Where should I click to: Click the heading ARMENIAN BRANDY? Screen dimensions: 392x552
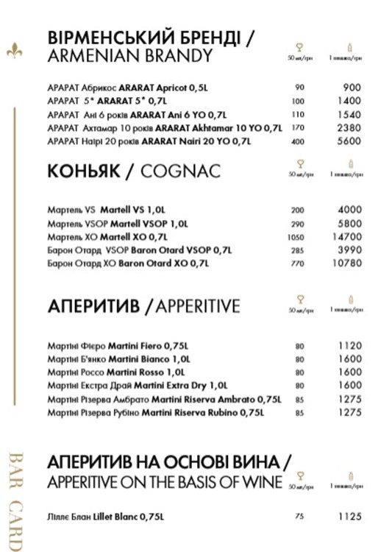point(129,56)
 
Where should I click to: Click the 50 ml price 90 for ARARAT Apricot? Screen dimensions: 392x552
point(299,88)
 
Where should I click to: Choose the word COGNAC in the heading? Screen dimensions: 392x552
point(179,171)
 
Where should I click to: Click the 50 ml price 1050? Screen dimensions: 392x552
point(299,236)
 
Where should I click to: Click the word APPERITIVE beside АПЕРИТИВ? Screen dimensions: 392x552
point(198,305)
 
